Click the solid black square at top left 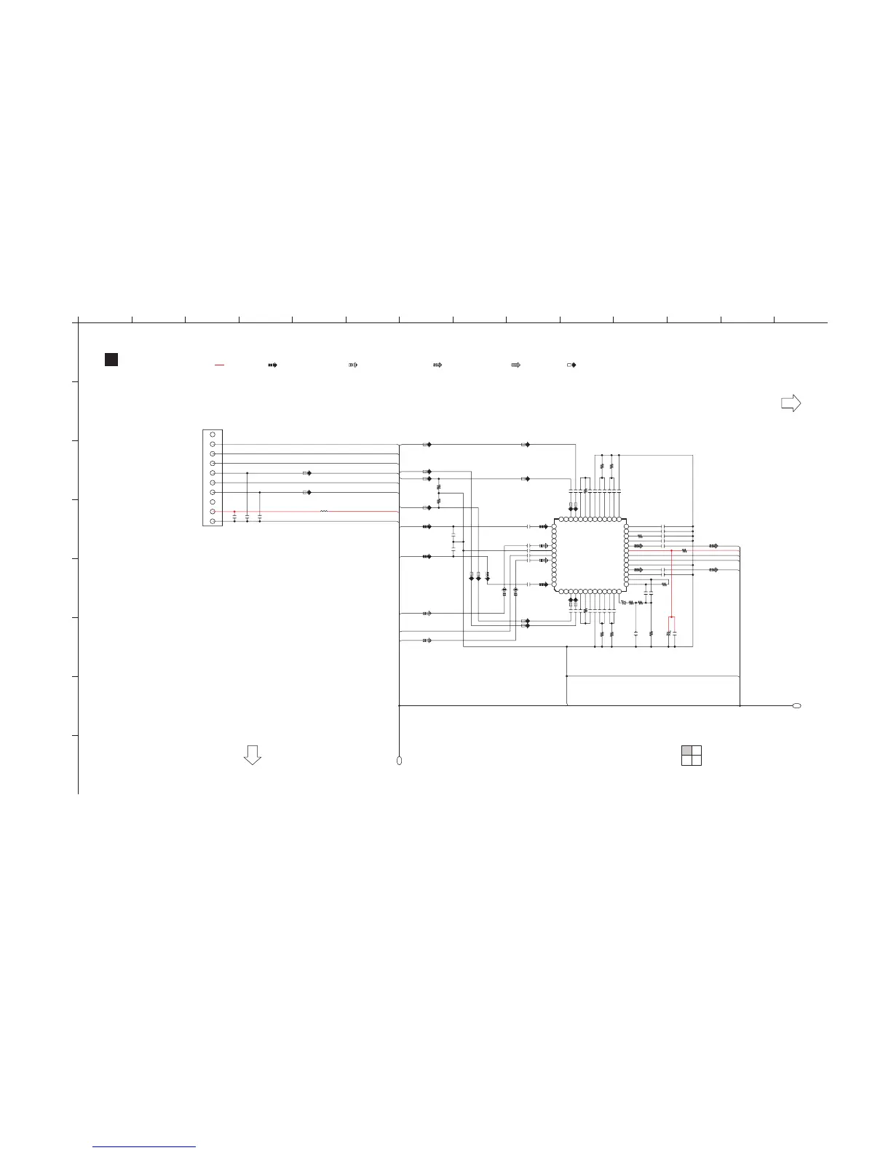(111, 360)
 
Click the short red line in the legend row (219, 364)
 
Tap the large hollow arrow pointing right (791, 403)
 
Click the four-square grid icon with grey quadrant (692, 756)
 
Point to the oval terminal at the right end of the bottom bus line (796, 706)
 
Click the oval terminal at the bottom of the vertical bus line (399, 761)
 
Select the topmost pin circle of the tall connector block (212, 435)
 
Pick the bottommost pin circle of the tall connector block (212, 521)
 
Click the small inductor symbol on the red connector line (324, 512)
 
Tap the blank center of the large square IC (590, 555)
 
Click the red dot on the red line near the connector (234, 512)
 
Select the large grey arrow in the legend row (515, 364)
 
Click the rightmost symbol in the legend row (571, 364)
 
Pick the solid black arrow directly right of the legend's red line (272, 364)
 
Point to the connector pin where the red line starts (212, 512)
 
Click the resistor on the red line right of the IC (684, 551)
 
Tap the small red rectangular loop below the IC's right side (672, 623)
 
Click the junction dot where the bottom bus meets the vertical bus (400, 706)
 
